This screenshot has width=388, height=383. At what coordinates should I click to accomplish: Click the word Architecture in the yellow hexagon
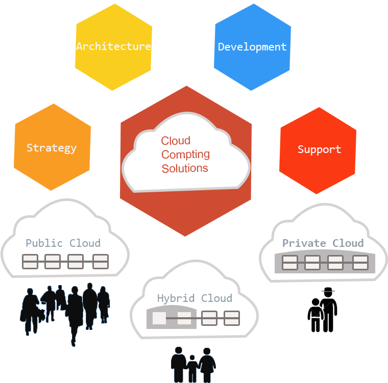click(x=113, y=46)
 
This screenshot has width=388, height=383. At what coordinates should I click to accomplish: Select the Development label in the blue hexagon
click(x=252, y=47)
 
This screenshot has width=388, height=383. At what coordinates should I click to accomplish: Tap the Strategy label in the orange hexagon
click(x=51, y=148)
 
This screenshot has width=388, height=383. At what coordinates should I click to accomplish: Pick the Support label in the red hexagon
click(x=319, y=149)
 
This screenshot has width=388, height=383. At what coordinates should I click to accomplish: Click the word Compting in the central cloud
click(x=185, y=154)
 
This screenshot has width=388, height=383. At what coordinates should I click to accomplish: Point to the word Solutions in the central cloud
click(x=185, y=168)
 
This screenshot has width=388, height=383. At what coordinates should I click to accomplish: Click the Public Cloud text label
click(x=63, y=243)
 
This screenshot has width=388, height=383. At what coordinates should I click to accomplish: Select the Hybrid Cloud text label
click(x=194, y=298)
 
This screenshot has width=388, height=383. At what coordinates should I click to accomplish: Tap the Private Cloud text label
click(x=323, y=243)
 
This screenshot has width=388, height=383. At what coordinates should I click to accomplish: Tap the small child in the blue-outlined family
click(x=192, y=366)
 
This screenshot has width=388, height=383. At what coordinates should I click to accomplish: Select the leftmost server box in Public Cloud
click(x=31, y=262)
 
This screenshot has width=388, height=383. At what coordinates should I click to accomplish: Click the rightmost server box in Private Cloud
click(x=360, y=263)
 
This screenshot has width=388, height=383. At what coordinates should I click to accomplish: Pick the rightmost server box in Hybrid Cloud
click(x=232, y=318)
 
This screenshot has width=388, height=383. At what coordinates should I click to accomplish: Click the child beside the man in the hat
click(x=316, y=316)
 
